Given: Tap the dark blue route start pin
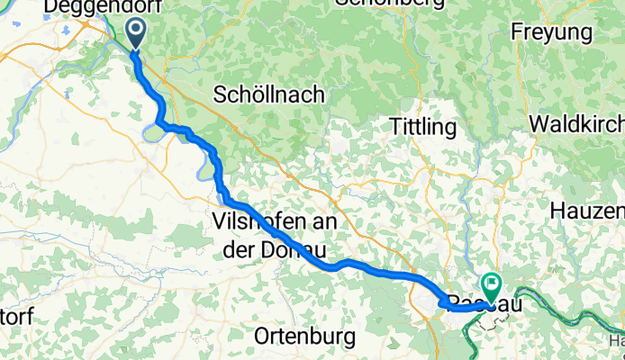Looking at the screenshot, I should click(135, 34).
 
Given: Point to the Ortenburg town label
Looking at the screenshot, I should click(304, 337).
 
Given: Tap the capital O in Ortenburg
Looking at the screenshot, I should click(263, 337).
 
